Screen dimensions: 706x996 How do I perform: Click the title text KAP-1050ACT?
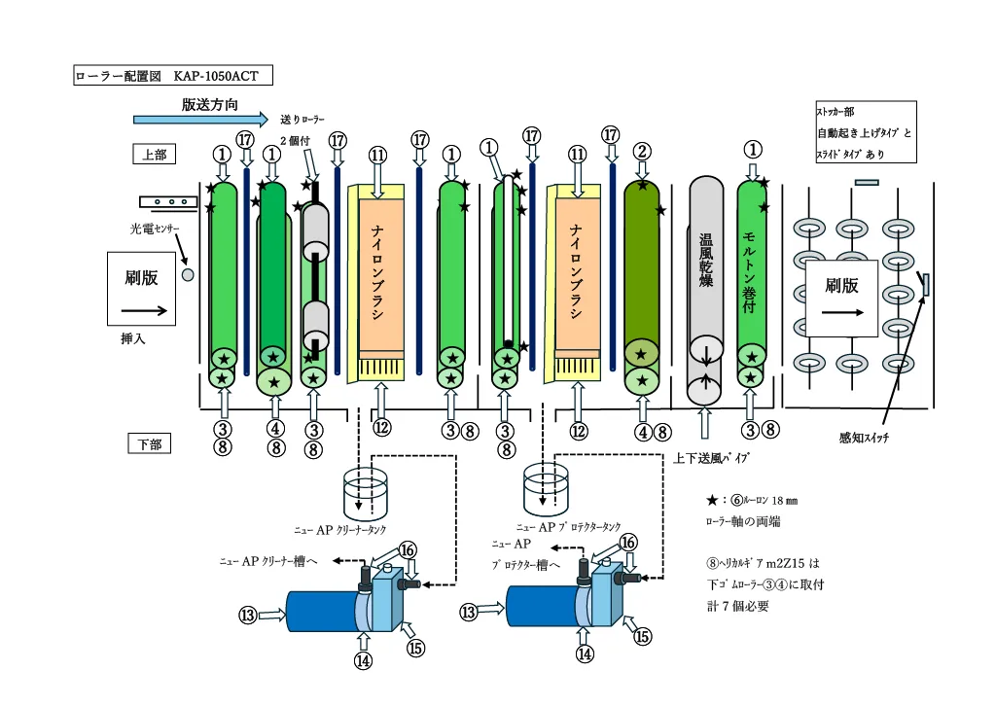[x=216, y=75]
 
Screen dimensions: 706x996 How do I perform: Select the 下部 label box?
[x=150, y=444]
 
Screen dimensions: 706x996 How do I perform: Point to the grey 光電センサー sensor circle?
[x=188, y=275]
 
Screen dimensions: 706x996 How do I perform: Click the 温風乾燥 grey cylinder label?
[x=707, y=262]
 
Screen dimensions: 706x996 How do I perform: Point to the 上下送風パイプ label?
[x=712, y=457]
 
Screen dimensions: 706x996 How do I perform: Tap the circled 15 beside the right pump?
[x=642, y=637]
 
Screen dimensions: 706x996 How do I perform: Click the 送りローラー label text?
[x=301, y=121]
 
